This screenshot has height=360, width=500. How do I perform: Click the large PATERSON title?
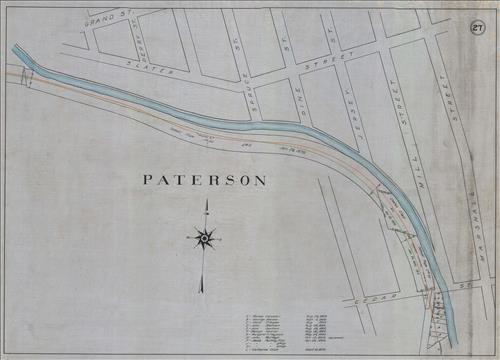(204, 181)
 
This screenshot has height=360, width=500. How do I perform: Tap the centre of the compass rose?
(204, 238)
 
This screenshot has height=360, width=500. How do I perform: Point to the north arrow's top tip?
(205, 200)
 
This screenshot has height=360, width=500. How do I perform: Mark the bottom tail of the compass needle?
(201, 292)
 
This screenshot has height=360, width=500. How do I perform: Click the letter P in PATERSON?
(148, 181)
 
